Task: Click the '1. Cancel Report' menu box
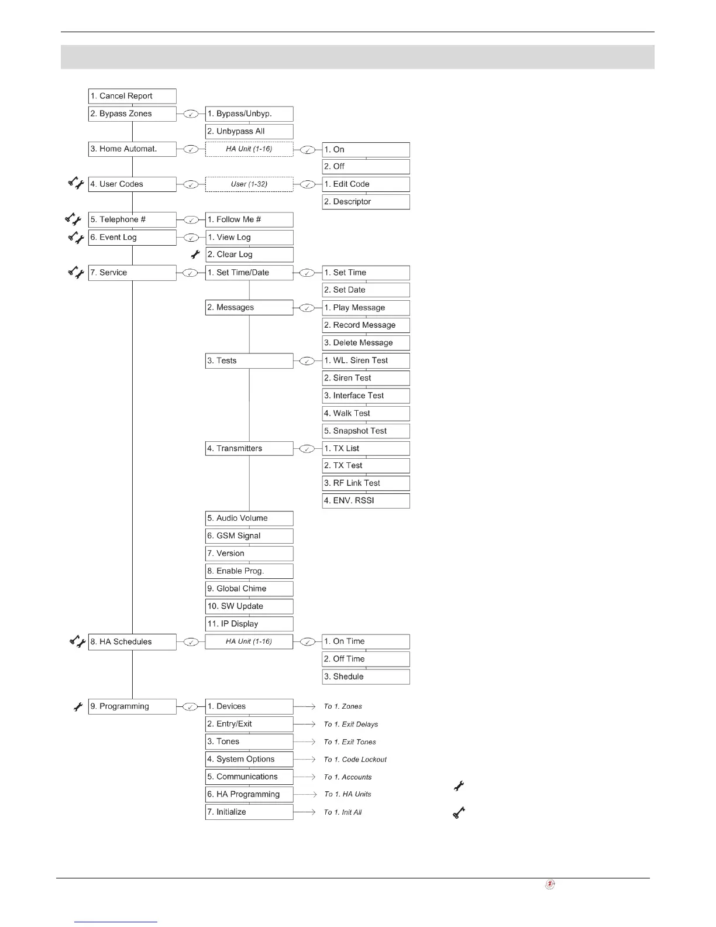(x=132, y=96)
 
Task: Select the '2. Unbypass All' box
(x=249, y=131)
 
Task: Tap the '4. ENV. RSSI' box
(x=366, y=501)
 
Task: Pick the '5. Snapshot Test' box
(x=366, y=431)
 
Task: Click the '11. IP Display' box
(x=249, y=624)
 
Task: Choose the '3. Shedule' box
(x=366, y=677)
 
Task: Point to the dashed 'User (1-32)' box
(x=249, y=184)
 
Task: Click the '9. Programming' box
(x=132, y=706)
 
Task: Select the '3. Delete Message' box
(x=366, y=343)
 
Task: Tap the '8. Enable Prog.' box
(x=249, y=571)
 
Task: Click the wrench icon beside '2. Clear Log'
(x=195, y=255)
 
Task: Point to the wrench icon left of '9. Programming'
(x=78, y=707)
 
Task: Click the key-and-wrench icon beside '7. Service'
(x=76, y=272)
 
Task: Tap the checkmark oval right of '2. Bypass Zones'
(x=191, y=114)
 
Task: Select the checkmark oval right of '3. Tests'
(x=307, y=361)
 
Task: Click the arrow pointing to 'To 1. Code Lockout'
(x=305, y=760)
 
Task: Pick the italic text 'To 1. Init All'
(x=343, y=812)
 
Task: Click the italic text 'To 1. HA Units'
(x=347, y=794)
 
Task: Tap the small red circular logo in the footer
(x=550, y=884)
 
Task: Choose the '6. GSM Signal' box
(x=249, y=536)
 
